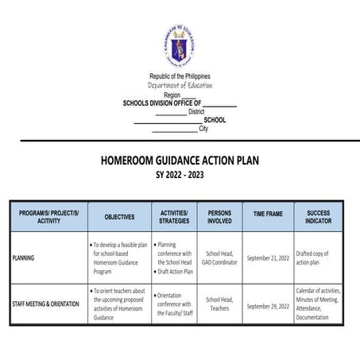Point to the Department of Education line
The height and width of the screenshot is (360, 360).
click(180, 85)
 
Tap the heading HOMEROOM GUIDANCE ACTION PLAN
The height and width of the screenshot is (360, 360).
click(180, 160)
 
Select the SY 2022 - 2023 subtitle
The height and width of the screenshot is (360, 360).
click(180, 174)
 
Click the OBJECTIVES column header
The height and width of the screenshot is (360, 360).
click(119, 216)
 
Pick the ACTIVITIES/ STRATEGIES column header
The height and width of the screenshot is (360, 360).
click(173, 216)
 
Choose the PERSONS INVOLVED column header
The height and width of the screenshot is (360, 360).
click(219, 216)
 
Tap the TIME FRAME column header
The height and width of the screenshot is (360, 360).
click(268, 216)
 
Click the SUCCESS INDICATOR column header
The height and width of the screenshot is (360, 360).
click(319, 216)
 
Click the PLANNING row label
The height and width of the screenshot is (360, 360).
click(29, 258)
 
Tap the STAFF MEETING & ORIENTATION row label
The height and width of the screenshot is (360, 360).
click(45, 305)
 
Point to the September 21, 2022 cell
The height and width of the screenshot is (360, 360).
click(268, 258)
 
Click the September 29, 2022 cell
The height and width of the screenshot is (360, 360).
click(268, 305)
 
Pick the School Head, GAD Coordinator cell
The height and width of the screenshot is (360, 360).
click(219, 258)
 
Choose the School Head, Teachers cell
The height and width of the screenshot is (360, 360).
click(219, 304)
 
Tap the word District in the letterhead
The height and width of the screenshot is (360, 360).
click(196, 112)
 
